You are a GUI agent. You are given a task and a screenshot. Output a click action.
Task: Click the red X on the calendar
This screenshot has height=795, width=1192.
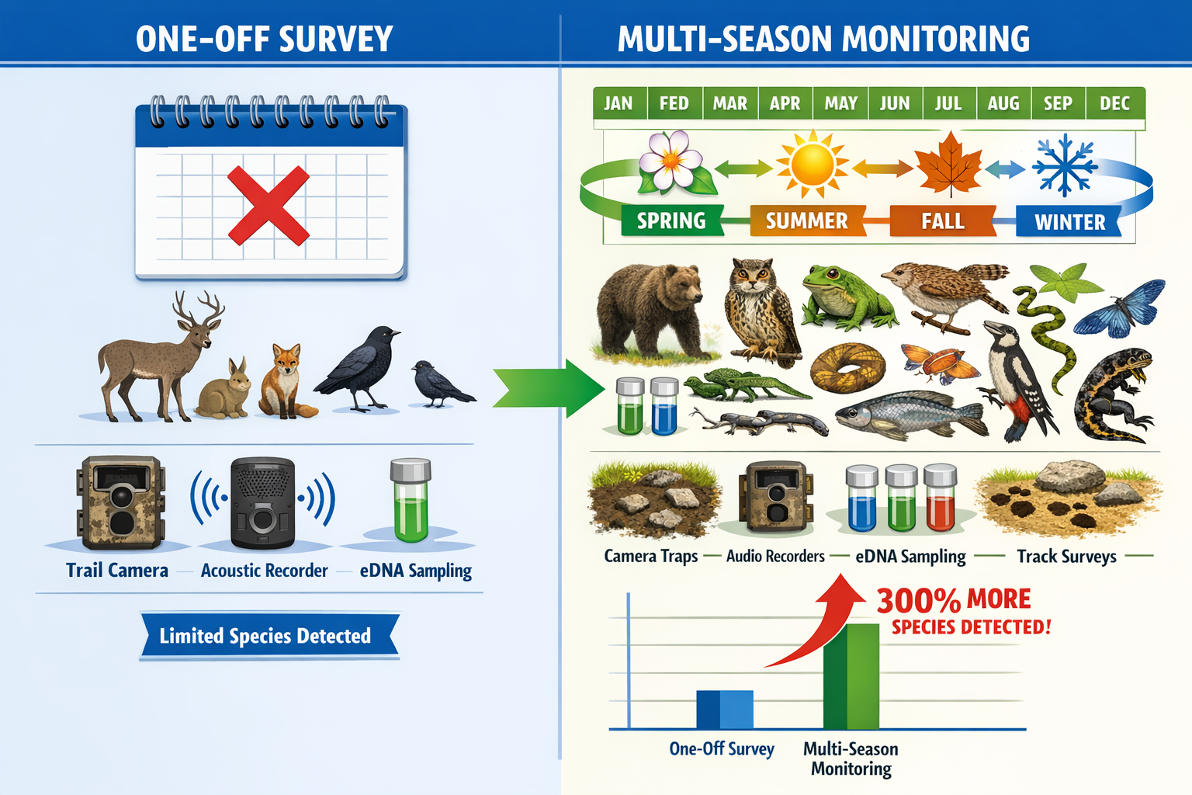pyautogui.click(x=269, y=206)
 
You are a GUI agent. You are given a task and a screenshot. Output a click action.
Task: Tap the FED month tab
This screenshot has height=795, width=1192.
pyautogui.click(x=674, y=103)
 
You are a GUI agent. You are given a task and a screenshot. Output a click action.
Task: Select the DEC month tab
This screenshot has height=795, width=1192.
pyautogui.click(x=1114, y=103)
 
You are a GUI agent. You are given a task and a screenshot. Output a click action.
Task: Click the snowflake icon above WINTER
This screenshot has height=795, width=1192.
pyautogui.click(x=1065, y=165)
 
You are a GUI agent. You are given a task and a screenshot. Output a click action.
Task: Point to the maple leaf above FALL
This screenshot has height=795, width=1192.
pyautogui.click(x=948, y=164)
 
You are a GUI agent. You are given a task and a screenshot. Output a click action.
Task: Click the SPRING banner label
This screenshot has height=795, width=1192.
pyautogui.click(x=671, y=221)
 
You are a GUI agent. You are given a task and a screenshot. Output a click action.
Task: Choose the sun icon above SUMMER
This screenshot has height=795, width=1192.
pyautogui.click(x=812, y=164)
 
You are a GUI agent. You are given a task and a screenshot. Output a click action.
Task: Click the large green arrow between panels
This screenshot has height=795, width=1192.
pyautogui.click(x=547, y=387)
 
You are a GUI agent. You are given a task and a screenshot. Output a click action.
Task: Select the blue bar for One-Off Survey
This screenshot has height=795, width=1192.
pyautogui.click(x=725, y=709)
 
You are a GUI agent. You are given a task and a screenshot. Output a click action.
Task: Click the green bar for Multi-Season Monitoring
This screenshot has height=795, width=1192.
pyautogui.click(x=851, y=675)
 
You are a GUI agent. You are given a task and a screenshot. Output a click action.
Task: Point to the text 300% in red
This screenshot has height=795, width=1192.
pyautogui.click(x=918, y=601)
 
